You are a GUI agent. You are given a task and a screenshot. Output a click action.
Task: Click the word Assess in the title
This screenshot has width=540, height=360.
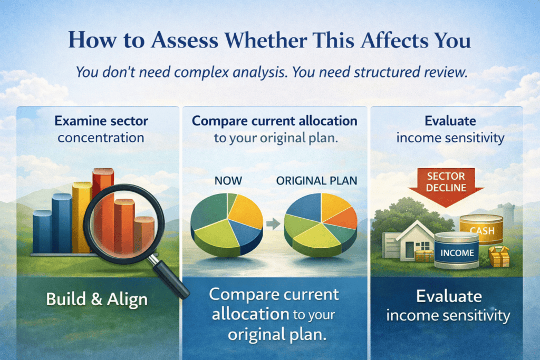pyautogui.click(x=185, y=40)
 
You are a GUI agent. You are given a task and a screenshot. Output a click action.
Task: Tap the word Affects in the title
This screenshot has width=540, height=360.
pyautogui.click(x=392, y=40)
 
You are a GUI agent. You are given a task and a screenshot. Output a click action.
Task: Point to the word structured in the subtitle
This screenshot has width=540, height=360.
pyautogui.click(x=387, y=72)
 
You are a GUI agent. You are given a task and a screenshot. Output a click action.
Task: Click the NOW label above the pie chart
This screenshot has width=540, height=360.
pyautogui.click(x=228, y=181)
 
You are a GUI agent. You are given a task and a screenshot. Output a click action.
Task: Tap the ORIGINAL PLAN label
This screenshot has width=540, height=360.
pyautogui.click(x=316, y=181)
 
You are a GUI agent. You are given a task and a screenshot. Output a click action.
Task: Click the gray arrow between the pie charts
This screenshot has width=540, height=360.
pyautogui.click(x=274, y=223)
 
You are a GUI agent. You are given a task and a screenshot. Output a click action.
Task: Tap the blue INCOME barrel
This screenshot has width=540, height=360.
pyautogui.click(x=457, y=250)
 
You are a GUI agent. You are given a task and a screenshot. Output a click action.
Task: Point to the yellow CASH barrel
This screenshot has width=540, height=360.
pyautogui.click(x=482, y=228)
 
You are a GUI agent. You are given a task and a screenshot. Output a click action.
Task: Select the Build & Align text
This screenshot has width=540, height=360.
pyautogui.click(x=97, y=299)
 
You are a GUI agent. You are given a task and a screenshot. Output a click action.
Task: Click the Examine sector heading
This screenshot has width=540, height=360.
pyautogui.click(x=101, y=121)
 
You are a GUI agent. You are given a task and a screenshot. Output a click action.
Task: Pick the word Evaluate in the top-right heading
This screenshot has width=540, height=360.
pyautogui.click(x=450, y=121)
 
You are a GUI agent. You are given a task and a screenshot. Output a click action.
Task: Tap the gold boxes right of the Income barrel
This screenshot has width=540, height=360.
pyautogui.click(x=499, y=256)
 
